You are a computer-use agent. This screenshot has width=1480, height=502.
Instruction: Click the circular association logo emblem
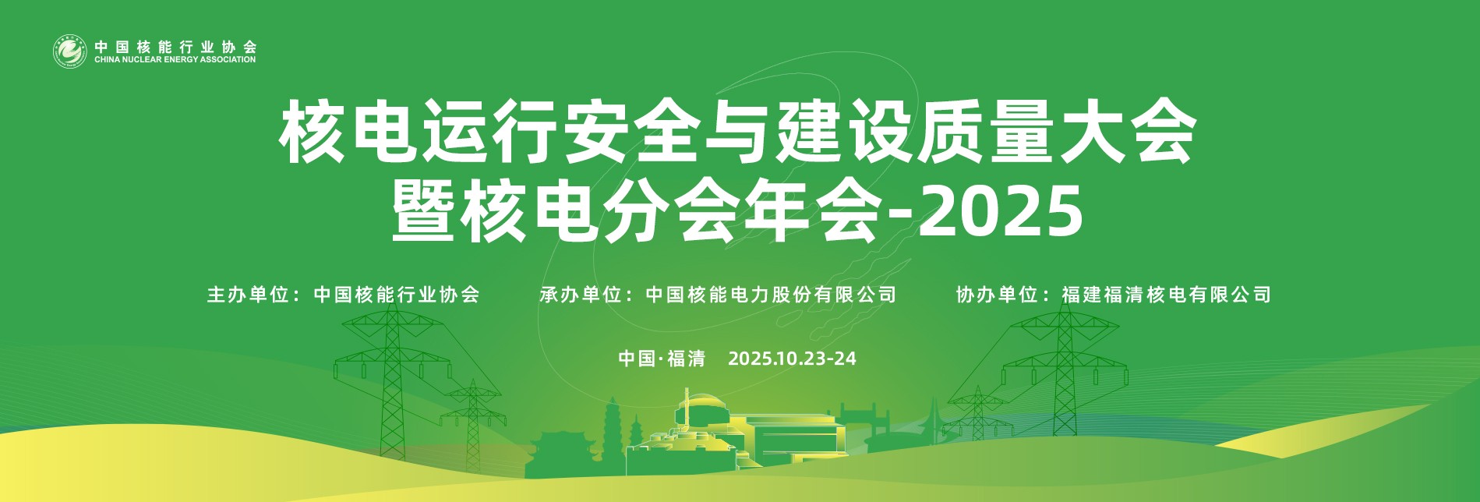click(x=69, y=52)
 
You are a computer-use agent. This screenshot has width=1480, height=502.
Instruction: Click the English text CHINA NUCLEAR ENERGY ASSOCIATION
click(x=175, y=60)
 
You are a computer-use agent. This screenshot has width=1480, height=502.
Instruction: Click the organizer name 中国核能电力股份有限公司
click(x=771, y=295)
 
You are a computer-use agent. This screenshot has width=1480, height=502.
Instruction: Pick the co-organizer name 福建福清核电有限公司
click(x=1166, y=295)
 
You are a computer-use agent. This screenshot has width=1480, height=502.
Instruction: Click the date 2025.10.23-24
click(x=792, y=359)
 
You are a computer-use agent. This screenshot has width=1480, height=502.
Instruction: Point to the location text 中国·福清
click(x=662, y=359)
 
